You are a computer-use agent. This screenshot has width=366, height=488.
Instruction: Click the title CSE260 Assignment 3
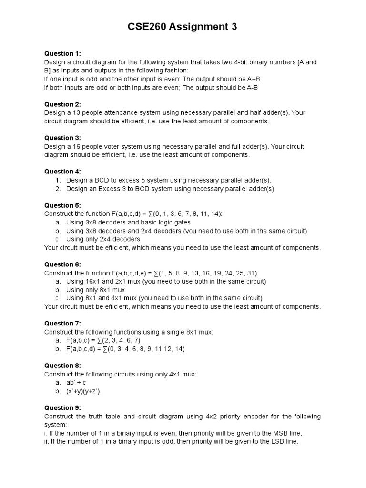[x=183, y=28]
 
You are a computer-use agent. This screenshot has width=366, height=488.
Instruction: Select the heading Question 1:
[x=62, y=53]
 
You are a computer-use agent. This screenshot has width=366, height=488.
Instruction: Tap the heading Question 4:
[x=62, y=172]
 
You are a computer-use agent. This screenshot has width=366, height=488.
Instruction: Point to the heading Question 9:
[x=62, y=408]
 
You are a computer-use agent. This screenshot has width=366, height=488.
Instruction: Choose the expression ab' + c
[x=76, y=383]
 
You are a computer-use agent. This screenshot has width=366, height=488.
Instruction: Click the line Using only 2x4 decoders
[x=103, y=239]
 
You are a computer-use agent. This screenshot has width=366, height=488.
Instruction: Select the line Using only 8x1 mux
[x=95, y=290]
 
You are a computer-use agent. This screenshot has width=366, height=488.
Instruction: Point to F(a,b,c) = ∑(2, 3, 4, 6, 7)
[x=103, y=340]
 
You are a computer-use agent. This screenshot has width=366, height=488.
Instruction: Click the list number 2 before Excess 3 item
[x=58, y=189]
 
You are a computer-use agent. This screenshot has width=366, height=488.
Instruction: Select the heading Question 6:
[x=62, y=264]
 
